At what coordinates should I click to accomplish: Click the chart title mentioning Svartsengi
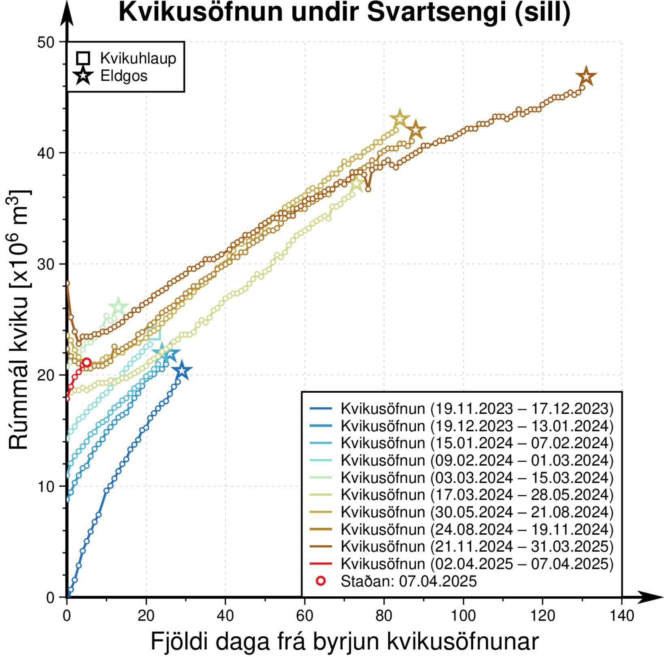point(344,12)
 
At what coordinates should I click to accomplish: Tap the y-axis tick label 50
point(46,42)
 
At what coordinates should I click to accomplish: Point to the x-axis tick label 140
point(621,616)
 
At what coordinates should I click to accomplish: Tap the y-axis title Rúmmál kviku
point(19,320)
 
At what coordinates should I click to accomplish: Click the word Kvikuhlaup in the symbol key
point(138,58)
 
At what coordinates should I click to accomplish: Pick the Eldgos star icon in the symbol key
point(83,75)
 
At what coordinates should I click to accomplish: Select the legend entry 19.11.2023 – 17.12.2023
point(477,409)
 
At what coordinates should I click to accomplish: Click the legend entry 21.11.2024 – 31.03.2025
point(477,546)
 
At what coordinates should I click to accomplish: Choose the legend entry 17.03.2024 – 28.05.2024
point(477,495)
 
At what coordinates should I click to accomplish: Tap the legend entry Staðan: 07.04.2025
point(409,581)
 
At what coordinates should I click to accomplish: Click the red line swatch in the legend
point(321,564)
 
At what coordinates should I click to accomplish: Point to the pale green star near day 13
point(118,308)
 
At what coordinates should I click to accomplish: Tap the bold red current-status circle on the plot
point(86,362)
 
